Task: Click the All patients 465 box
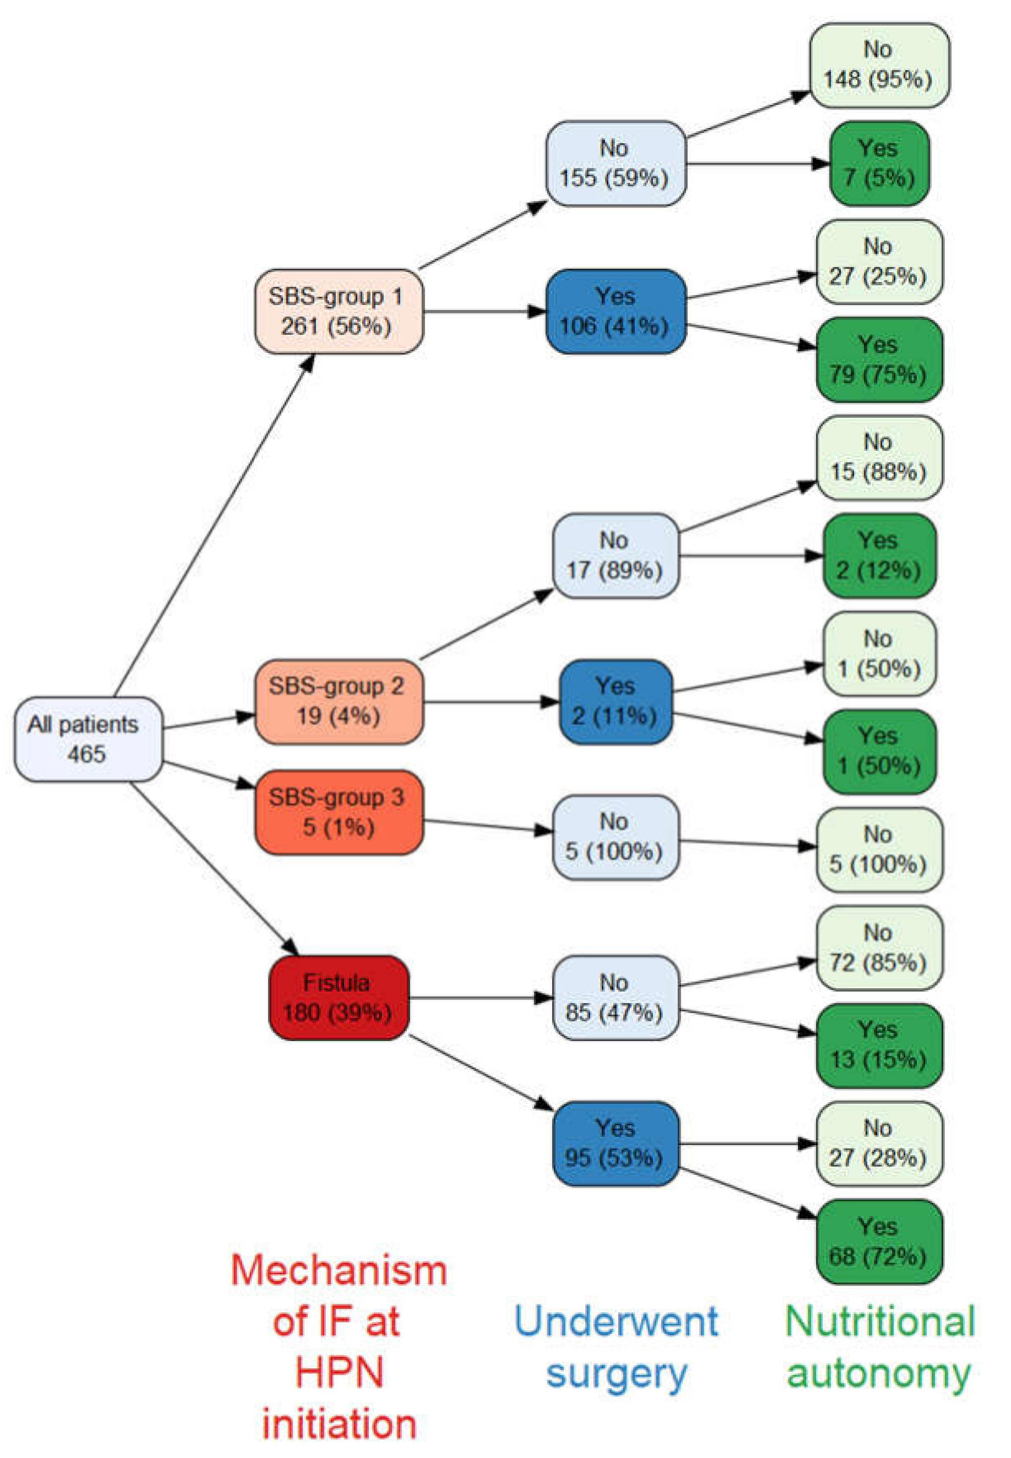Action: point(88,739)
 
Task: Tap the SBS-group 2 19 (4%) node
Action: point(338,701)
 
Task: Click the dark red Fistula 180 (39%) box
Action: point(338,997)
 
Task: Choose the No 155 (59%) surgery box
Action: point(615,163)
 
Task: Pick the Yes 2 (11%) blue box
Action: point(615,701)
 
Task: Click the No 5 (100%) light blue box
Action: point(615,837)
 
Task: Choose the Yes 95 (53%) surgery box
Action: point(615,1143)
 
